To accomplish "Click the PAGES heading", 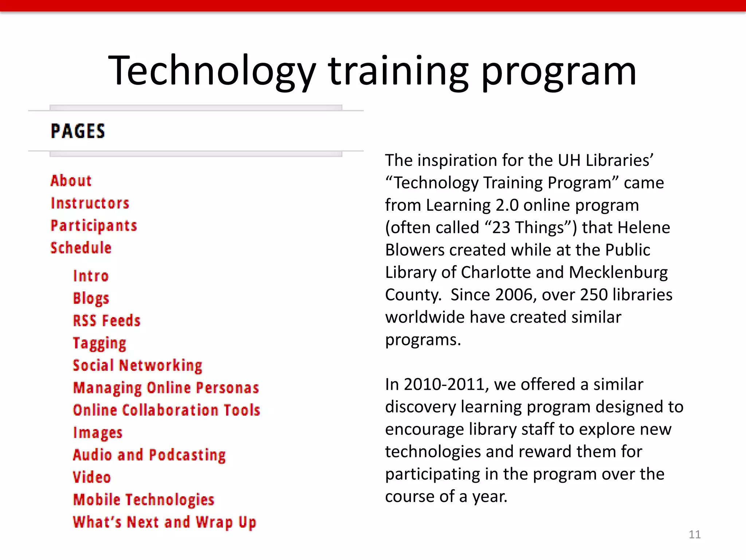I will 78,131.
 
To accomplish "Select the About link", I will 71,181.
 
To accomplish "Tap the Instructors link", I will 90,203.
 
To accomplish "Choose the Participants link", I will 94,226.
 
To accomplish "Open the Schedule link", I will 81,248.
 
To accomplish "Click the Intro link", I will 91,276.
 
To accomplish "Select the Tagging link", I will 99,343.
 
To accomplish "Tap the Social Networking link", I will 137,366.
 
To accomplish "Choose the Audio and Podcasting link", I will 149,455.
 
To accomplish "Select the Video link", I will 91,478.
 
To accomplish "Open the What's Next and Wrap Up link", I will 164,522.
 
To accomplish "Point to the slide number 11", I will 694,534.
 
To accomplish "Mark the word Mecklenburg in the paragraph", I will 618,272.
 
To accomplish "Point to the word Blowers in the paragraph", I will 415,250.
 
